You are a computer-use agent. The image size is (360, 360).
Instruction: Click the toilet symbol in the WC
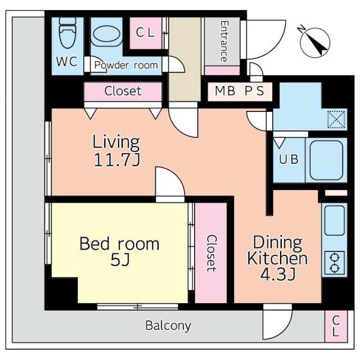[x=67, y=33]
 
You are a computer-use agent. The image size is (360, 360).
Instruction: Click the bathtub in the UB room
[x=326, y=161]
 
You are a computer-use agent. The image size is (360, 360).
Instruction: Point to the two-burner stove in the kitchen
[x=335, y=263]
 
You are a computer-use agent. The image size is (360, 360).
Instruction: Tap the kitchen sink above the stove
[x=335, y=220]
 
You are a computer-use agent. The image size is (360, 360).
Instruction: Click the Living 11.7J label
[x=116, y=151]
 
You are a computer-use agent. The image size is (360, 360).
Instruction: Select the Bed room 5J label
[x=119, y=251]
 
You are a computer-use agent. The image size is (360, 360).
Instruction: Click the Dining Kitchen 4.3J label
[x=277, y=258]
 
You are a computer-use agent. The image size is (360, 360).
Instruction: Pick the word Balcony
[x=168, y=326]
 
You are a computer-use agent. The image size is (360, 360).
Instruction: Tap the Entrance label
[x=224, y=41]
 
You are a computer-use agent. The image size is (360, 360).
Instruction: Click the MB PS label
[x=240, y=91]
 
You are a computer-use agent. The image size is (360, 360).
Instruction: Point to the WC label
[x=66, y=61]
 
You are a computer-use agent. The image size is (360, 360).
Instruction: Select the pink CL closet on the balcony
[x=336, y=326]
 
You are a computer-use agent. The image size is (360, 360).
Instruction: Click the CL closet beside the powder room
[x=146, y=33]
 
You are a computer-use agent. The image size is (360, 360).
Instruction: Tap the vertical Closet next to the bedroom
[x=211, y=253]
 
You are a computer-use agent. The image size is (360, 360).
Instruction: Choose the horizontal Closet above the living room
[x=123, y=91]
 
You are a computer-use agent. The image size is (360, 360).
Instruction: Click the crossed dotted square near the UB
[x=336, y=119]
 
